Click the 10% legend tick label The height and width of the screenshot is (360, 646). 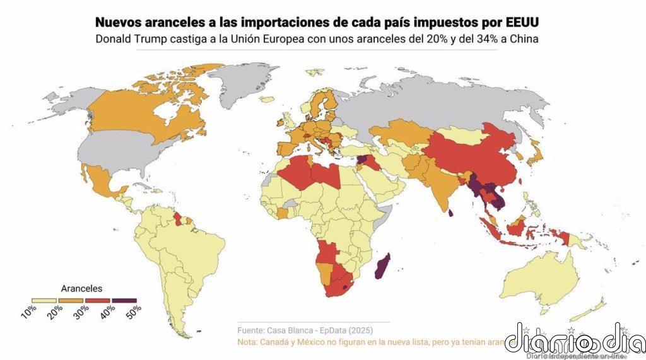coord(29,310)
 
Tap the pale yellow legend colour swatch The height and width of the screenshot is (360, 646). coord(45,299)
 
